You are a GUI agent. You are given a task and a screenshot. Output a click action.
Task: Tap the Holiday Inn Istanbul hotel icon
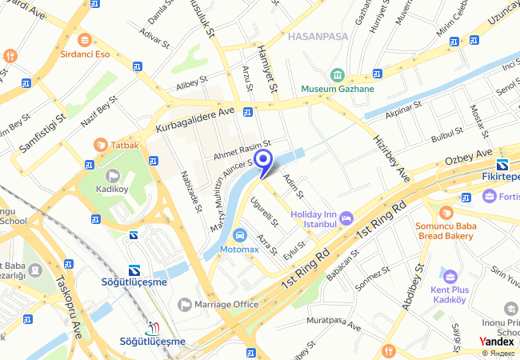point(346,216)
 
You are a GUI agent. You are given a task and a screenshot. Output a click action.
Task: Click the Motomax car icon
point(239,235)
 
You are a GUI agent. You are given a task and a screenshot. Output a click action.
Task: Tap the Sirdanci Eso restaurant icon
point(84,40)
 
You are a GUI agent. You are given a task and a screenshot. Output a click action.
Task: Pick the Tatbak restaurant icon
point(100,145)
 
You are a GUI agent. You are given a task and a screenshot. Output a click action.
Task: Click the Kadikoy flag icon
point(112,175)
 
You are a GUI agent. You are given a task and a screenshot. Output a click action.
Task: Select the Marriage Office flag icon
point(185,304)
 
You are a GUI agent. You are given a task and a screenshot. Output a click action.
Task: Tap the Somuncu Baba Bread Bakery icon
point(446,212)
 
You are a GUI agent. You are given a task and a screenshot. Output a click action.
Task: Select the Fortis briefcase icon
point(489,196)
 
